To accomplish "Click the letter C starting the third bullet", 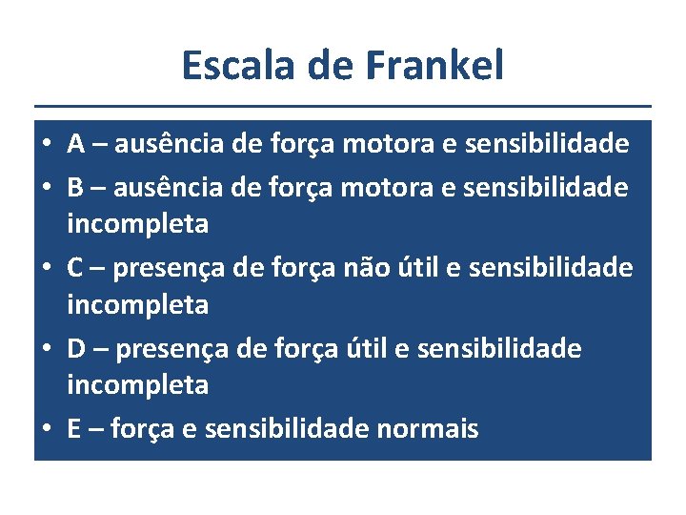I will (x=77, y=268).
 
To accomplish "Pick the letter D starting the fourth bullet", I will (x=78, y=348).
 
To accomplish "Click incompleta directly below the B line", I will (x=137, y=224).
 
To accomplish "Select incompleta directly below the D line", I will (x=137, y=385).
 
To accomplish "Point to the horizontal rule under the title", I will (x=343, y=106).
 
